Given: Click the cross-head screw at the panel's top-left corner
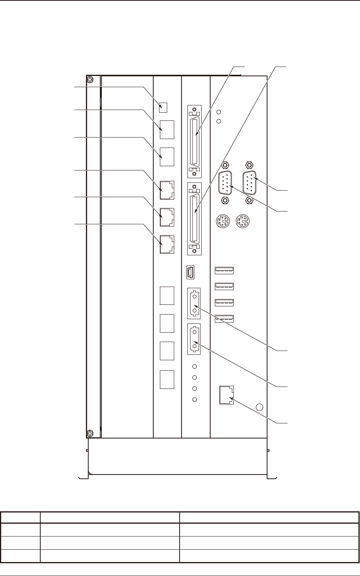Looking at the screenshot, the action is tap(89, 80).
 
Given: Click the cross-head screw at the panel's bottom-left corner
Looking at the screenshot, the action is tap(89, 433).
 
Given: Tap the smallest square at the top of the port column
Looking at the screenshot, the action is tap(163, 107).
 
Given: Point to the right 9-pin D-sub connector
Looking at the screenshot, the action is tap(250, 182).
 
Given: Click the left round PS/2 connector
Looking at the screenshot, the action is tap(222, 222).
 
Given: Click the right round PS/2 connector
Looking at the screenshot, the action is tap(243, 222).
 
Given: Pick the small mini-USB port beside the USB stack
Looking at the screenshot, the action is tap(190, 272).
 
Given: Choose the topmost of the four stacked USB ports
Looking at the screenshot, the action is tap(225, 270).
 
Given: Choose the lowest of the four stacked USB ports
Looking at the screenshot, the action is tap(225, 318).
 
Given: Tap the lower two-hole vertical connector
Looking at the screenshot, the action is tap(194, 339).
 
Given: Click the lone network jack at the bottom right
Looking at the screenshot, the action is tap(226, 395).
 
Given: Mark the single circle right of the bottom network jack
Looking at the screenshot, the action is tap(260, 407).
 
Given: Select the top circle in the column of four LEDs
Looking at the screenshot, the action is tap(195, 366).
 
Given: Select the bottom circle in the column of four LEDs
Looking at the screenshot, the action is tap(195, 399).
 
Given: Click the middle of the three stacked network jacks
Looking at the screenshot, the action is tap(167, 217).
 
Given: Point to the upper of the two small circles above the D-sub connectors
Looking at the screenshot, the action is tap(218, 112).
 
